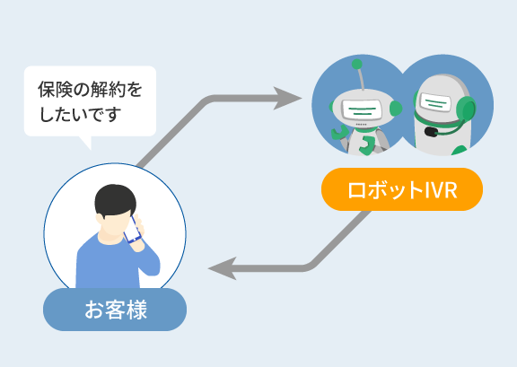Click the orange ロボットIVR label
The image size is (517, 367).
pyautogui.click(x=402, y=189)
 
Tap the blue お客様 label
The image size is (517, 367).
pyautogui.click(x=115, y=310)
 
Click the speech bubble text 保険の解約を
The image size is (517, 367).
pyautogui.click(x=90, y=90)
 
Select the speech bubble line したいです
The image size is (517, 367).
pyautogui.click(x=80, y=114)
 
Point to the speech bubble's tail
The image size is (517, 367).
pyautogui.click(x=86, y=142)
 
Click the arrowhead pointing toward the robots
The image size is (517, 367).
pyautogui.click(x=287, y=98)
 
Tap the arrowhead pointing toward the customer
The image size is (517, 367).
pyautogui.click(x=223, y=268)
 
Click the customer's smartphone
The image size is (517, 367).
pyautogui.click(x=132, y=230)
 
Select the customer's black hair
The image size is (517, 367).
pyautogui.click(x=115, y=199)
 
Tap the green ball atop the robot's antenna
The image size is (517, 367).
pyautogui.click(x=356, y=64)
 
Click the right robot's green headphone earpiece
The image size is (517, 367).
pyautogui.click(x=466, y=109)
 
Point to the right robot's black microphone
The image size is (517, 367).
pyautogui.click(x=431, y=132)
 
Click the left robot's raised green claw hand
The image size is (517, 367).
pyautogui.click(x=338, y=133)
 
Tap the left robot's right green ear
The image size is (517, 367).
pyautogui.click(x=396, y=108)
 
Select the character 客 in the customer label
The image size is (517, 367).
pyautogui.click(x=116, y=310)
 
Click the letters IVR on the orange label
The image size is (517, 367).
pyautogui.click(x=441, y=190)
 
